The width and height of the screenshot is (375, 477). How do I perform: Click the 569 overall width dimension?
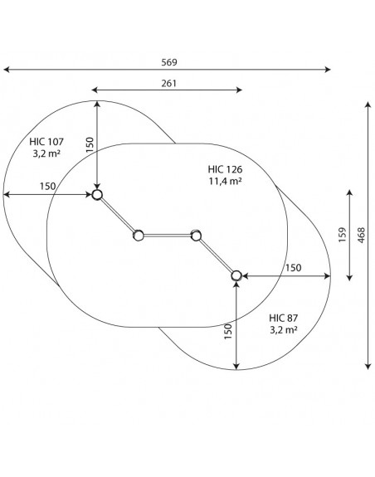click(x=168, y=62)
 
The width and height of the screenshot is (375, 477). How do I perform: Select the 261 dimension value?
click(x=168, y=83)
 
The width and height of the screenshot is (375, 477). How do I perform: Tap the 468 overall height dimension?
click(x=361, y=235)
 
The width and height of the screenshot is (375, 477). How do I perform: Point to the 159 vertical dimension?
click(x=343, y=235)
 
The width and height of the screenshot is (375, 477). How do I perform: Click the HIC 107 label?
click(x=46, y=142)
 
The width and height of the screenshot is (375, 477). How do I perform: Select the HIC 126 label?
click(x=225, y=169)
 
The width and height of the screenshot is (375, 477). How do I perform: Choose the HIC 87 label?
click(x=283, y=319)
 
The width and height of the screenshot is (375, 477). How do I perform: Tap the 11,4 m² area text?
click(x=225, y=181)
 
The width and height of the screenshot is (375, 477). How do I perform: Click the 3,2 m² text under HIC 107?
click(x=46, y=153)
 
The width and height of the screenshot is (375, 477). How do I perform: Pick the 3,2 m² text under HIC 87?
click(x=284, y=330)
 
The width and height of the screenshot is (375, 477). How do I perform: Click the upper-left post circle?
click(x=97, y=195)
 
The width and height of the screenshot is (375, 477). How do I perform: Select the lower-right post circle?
click(x=236, y=276)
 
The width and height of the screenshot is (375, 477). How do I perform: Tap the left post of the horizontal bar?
click(x=139, y=236)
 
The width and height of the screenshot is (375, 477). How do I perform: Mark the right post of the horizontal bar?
click(x=196, y=236)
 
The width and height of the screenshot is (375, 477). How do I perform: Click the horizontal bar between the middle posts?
click(x=168, y=236)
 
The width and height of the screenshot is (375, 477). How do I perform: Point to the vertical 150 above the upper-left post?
click(x=90, y=145)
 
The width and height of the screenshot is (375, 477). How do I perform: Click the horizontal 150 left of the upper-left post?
click(x=48, y=186)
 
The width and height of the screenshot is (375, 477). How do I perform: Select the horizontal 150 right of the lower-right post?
click(x=293, y=268)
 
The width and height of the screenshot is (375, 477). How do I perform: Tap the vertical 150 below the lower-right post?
click(x=228, y=332)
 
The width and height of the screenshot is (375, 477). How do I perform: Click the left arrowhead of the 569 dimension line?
click(x=6, y=70)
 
